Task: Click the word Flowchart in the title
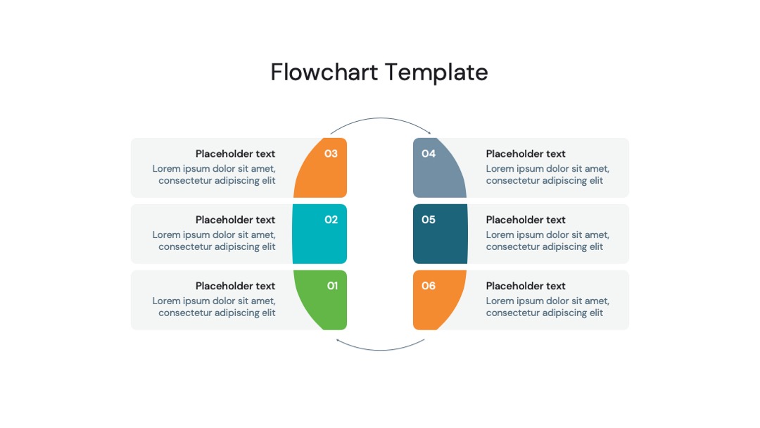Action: [x=324, y=73]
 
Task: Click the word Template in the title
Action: [x=437, y=73]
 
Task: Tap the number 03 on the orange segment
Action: [x=331, y=153]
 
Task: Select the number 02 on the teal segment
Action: [x=331, y=220]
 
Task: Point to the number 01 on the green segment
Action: [x=332, y=286]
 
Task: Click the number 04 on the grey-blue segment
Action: [x=429, y=153]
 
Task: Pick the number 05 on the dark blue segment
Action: [x=429, y=220]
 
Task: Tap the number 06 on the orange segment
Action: [x=429, y=286]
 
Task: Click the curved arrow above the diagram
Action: [x=381, y=118]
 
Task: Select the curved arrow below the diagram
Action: [x=381, y=349]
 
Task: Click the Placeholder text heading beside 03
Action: [x=235, y=153]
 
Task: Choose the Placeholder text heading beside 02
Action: [x=235, y=220]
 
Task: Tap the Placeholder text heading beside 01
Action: [x=235, y=286]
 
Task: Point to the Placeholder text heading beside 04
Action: [x=526, y=153]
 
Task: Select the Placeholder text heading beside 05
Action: [x=526, y=220]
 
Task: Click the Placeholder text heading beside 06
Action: [x=526, y=286]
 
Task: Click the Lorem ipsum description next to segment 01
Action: [x=214, y=307]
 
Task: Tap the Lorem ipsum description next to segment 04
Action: [x=547, y=175]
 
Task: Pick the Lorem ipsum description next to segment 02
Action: [x=214, y=241]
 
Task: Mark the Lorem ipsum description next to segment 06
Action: [x=547, y=307]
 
